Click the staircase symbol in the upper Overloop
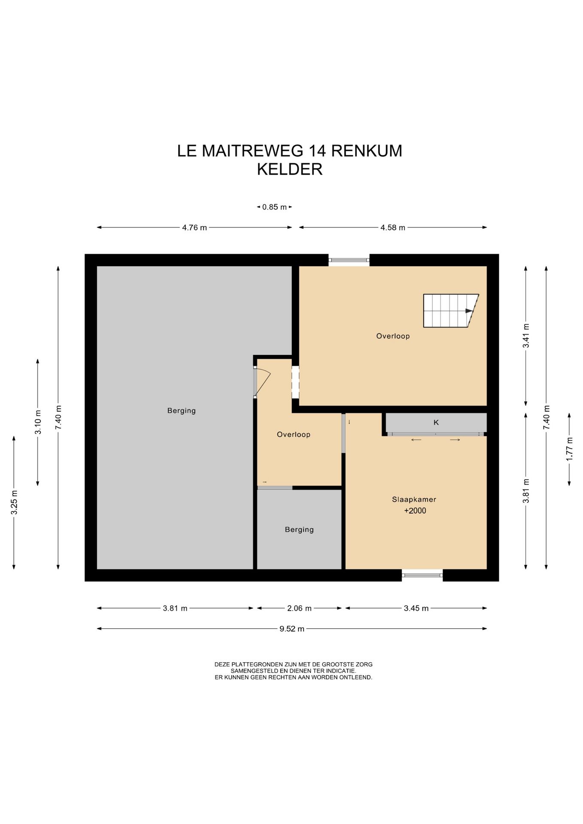[x=451, y=311]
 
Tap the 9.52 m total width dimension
[x=292, y=629]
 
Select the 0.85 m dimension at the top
[x=274, y=207]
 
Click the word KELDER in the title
[x=290, y=169]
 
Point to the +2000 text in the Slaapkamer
[x=415, y=511]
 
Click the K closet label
[x=436, y=422]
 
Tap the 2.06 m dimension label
[x=299, y=608]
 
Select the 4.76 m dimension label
[x=194, y=227]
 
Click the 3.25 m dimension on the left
[x=14, y=503]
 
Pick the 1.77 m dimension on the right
[x=569, y=449]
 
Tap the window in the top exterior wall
[x=349, y=260]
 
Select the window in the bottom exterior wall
[x=422, y=575]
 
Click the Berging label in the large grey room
[x=182, y=411]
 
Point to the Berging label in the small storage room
[x=299, y=530]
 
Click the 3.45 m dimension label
[x=416, y=608]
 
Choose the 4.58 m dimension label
[x=393, y=227]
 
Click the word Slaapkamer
[x=414, y=500]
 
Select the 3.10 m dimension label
[x=38, y=422]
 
